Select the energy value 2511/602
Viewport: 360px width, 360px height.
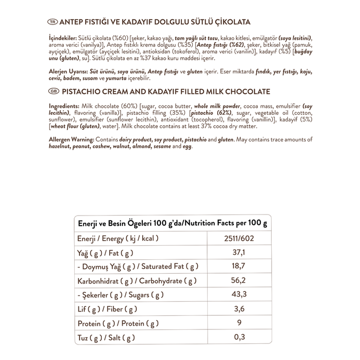click(238, 238)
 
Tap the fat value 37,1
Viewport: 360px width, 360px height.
click(238, 252)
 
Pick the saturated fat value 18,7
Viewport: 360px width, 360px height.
click(238, 266)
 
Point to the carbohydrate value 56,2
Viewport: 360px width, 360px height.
click(238, 281)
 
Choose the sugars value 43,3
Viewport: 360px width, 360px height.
click(238, 295)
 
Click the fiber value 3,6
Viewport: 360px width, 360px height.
click(238, 310)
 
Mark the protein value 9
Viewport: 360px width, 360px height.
click(238, 324)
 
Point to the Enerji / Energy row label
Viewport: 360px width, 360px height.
click(117, 238)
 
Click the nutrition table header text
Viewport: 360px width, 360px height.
click(172, 223)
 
